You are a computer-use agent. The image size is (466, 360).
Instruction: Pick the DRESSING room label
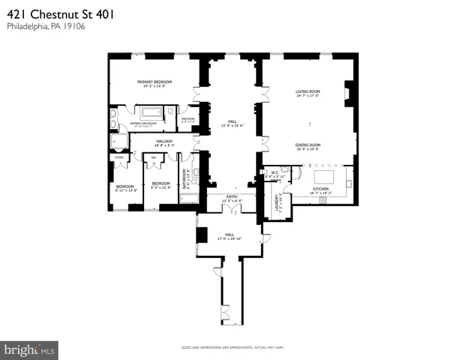pyautogui.click(x=188, y=118)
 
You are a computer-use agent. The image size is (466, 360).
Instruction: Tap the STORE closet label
pyautogui.click(x=119, y=157)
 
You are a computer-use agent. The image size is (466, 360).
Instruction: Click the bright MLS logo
pyautogui.click(x=30, y=349)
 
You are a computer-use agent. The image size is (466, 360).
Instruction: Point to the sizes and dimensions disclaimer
pyautogui.click(x=233, y=347)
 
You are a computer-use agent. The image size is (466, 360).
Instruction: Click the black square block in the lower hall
pyautogui.click(x=201, y=233)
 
